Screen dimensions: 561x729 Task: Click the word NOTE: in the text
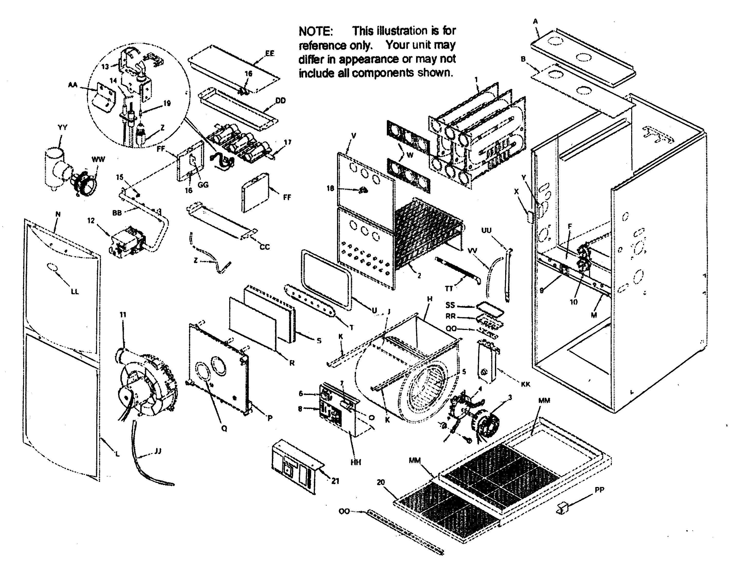315,31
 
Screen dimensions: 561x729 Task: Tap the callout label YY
62,127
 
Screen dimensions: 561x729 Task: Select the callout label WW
98,159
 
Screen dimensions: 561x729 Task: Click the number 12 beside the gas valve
91,221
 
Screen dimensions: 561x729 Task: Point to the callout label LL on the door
75,291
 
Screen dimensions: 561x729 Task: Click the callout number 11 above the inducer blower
123,315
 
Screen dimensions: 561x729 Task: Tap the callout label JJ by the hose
158,452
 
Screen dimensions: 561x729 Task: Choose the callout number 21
335,481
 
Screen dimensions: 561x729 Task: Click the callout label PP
599,490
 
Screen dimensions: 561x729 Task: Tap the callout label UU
486,231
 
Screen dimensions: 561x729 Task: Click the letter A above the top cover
535,21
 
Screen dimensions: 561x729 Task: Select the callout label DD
281,100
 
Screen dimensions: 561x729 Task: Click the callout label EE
270,53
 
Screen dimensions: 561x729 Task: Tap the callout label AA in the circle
72,85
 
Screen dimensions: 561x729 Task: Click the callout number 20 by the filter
381,482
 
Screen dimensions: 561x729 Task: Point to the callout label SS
450,305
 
